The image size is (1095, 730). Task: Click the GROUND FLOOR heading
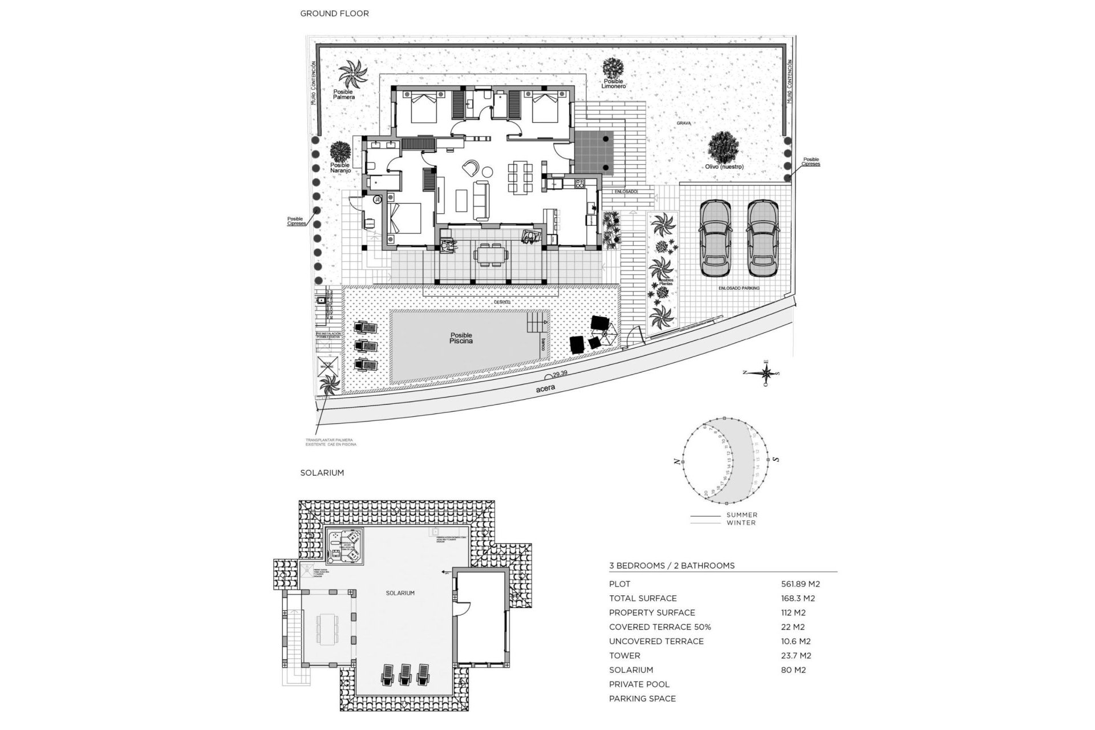pyautogui.click(x=334, y=13)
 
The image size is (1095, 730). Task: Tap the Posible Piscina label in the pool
pyautogui.click(x=461, y=338)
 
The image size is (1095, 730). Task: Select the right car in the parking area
pyautogui.click(x=763, y=238)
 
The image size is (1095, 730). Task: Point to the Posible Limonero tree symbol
pyautogui.click(x=613, y=68)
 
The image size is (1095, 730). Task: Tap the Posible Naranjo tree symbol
pyautogui.click(x=340, y=151)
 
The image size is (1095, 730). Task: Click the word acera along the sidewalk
pyautogui.click(x=545, y=388)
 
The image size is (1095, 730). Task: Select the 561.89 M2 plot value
pyautogui.click(x=800, y=584)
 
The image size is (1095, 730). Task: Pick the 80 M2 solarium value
pyautogui.click(x=793, y=670)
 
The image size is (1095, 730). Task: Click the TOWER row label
pyautogui.click(x=624, y=656)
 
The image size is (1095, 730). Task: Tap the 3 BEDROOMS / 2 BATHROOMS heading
pyautogui.click(x=672, y=566)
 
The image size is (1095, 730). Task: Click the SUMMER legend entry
pyautogui.click(x=741, y=515)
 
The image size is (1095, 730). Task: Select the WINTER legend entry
pyautogui.click(x=741, y=522)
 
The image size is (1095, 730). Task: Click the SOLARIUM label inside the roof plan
pyautogui.click(x=400, y=593)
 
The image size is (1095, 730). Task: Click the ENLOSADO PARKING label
pyautogui.click(x=739, y=289)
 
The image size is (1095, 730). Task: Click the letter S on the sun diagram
pyautogui.click(x=776, y=459)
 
